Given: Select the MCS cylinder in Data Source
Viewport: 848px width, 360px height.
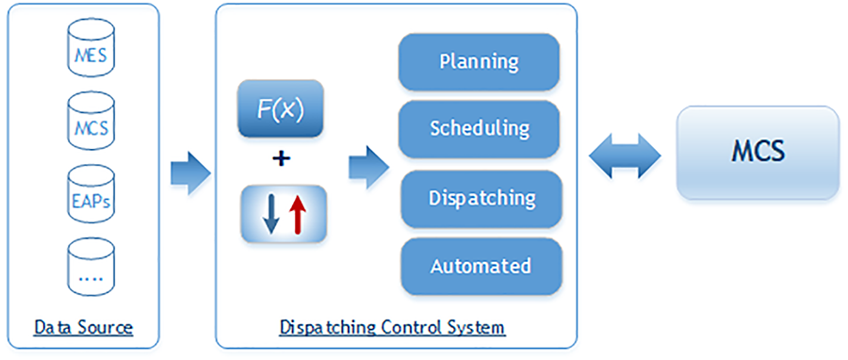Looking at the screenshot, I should pos(90,124).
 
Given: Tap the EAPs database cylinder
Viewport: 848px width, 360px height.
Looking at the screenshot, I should pos(90,196).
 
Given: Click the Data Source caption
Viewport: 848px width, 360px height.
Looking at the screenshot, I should pos(83,328).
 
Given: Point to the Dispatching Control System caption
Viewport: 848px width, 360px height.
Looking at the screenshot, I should pos(392,328).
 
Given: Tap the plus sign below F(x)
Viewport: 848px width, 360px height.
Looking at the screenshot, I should pos(280,159).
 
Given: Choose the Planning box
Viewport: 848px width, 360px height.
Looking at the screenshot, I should pos(480,63).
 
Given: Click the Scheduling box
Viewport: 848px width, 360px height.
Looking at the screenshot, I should pos(480,128).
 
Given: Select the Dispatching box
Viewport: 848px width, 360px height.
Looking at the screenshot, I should pos(481,199).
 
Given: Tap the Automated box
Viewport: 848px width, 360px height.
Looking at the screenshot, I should pos(481,266).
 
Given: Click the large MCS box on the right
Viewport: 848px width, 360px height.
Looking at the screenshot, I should pos(758,152).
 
